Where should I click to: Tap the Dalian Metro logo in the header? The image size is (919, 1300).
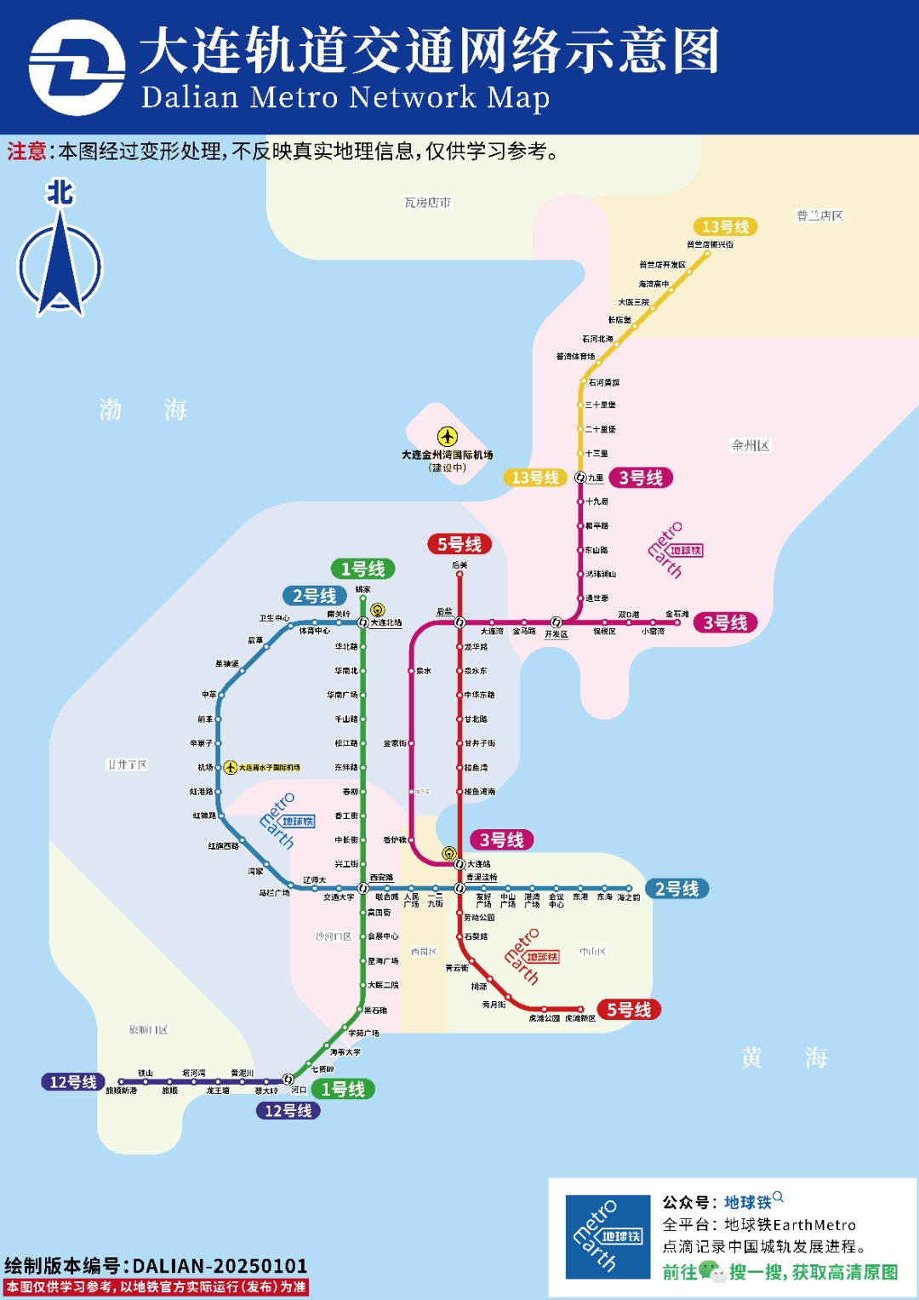(77, 68)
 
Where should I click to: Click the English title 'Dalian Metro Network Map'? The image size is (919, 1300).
(345, 97)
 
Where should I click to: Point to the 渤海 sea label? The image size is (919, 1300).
(142, 409)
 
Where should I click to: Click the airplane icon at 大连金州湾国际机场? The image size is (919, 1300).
(448, 437)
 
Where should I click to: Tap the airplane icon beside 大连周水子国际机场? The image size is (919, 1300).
(231, 767)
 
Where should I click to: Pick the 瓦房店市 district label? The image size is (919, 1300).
(427, 203)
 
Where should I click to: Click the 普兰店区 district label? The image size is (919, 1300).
(819, 215)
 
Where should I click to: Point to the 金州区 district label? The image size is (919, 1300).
(751, 445)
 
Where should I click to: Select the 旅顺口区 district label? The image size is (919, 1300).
(148, 1030)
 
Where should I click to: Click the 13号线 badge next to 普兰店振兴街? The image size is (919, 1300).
(725, 226)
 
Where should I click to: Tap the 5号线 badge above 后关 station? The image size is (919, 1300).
(459, 544)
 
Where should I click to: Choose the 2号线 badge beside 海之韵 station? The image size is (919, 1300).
(677, 889)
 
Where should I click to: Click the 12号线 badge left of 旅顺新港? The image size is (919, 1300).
(73, 1082)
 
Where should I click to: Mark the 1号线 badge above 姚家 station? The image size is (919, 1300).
(362, 569)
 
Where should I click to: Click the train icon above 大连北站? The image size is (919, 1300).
(378, 610)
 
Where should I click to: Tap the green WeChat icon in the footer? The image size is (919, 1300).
(711, 1272)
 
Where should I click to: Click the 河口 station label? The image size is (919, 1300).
(299, 1090)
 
